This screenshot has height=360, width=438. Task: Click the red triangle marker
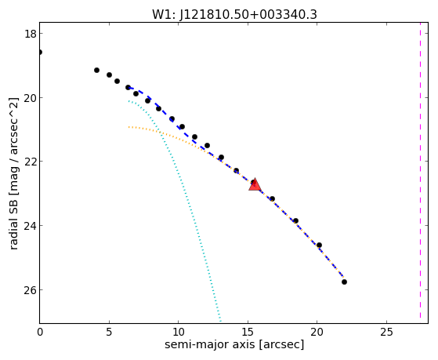click(x=255, y=185)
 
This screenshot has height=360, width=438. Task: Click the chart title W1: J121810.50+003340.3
click(x=234, y=15)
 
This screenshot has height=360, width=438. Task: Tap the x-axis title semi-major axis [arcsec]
click(x=234, y=344)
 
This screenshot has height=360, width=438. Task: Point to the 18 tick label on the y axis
click(x=30, y=34)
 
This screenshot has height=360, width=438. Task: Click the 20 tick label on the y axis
click(x=30, y=98)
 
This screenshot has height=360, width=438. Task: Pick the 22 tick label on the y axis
click(x=30, y=162)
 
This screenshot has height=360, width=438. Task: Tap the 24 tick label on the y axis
click(x=30, y=226)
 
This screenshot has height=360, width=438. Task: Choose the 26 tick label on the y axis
click(x=30, y=289)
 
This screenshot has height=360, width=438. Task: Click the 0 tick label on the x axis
click(x=40, y=333)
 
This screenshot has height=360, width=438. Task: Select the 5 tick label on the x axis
click(x=109, y=333)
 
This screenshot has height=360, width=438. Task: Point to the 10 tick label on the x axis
click(x=178, y=333)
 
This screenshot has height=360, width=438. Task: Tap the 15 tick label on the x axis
click(x=248, y=333)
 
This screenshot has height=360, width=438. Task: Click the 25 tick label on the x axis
click(x=386, y=333)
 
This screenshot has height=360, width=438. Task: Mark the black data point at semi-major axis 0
click(x=40, y=52)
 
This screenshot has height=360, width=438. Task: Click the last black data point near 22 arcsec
click(x=344, y=282)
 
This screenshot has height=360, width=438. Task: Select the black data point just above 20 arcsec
click(x=319, y=245)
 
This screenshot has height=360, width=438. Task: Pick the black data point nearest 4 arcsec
click(x=96, y=70)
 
